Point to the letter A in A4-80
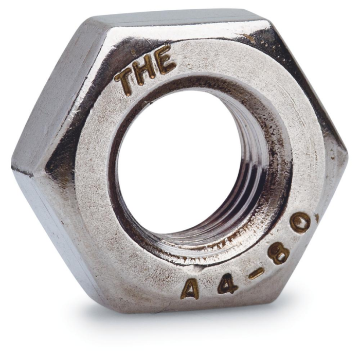190,289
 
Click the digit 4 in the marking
227,283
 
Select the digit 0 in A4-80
300,224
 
